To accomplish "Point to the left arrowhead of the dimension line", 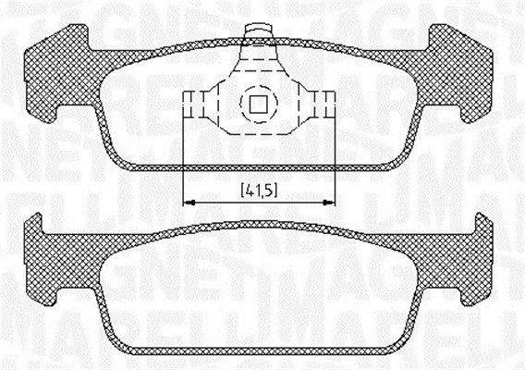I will [189, 202].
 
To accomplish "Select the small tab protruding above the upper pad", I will [258, 33].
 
